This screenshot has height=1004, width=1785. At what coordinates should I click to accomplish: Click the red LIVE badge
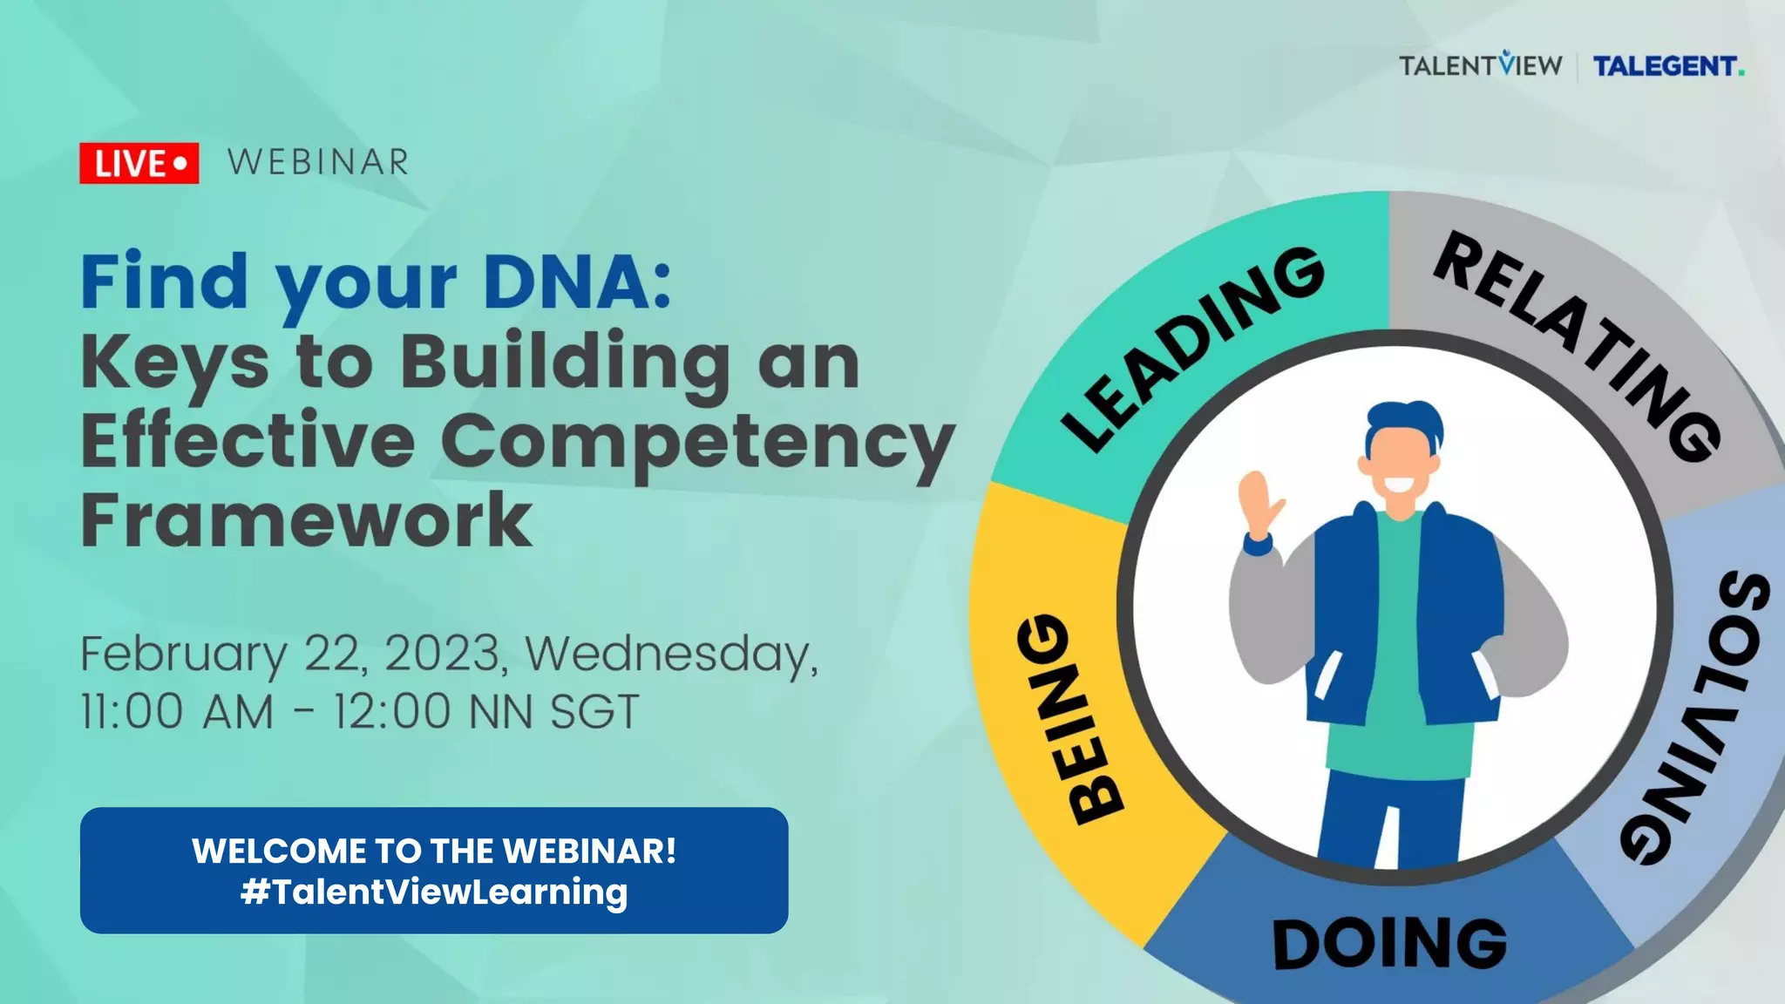139,163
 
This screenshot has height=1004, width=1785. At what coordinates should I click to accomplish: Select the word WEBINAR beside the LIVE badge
318,162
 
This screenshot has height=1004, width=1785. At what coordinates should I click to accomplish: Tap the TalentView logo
1480,65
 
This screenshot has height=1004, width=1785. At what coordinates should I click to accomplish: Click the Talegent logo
1667,66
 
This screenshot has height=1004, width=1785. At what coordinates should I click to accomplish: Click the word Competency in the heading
697,443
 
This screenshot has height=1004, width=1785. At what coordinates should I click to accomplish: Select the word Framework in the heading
306,520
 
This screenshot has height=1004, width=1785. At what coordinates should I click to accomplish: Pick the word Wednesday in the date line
671,654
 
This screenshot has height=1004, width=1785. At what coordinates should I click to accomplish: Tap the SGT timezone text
595,711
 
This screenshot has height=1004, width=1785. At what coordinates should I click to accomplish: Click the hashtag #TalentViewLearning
434,892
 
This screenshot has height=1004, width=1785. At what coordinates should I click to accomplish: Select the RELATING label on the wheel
1578,344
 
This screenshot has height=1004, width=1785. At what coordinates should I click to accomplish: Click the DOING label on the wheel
1389,944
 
